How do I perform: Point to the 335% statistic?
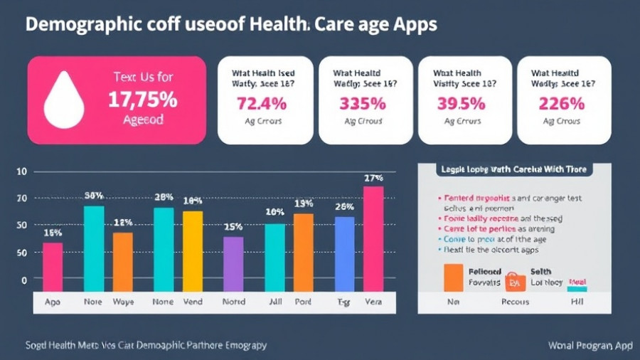[362, 103]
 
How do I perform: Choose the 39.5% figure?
[462, 103]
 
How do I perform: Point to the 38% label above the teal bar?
[94, 195]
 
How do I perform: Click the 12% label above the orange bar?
[123, 223]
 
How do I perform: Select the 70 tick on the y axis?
[21, 198]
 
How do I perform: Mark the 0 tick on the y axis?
[23, 280]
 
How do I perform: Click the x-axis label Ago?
[53, 302]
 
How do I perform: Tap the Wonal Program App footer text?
[590, 346]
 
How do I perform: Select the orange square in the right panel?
[453, 277]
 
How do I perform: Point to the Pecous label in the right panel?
[514, 302]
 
